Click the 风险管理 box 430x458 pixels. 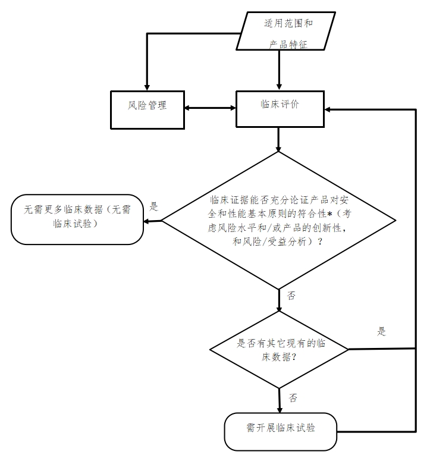[147, 108]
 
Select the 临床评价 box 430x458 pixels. [280, 108]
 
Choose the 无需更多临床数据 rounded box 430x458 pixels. [77, 219]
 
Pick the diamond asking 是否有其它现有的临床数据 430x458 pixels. [280, 350]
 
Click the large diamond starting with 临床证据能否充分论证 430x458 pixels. [279, 221]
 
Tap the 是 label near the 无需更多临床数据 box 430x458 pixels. [153, 207]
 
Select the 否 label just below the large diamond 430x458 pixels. [291, 296]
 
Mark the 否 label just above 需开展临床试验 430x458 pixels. [293, 398]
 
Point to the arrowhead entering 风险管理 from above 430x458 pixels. [147, 86]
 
